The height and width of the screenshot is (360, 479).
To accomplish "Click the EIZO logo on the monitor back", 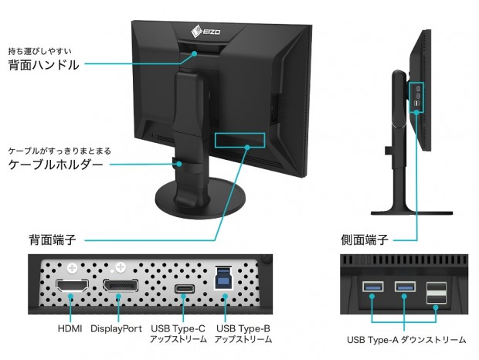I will click(202, 32).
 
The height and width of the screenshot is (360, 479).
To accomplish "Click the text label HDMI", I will click(72, 328).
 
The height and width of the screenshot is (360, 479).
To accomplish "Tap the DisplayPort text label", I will click(117, 328).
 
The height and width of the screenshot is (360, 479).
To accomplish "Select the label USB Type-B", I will click(242, 328).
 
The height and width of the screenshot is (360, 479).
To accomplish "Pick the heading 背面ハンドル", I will click(44, 65).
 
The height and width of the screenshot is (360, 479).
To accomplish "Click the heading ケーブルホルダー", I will click(55, 165).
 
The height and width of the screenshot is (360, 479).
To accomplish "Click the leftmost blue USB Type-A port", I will click(371, 290).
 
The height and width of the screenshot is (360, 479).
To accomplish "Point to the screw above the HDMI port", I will click(72, 268).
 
